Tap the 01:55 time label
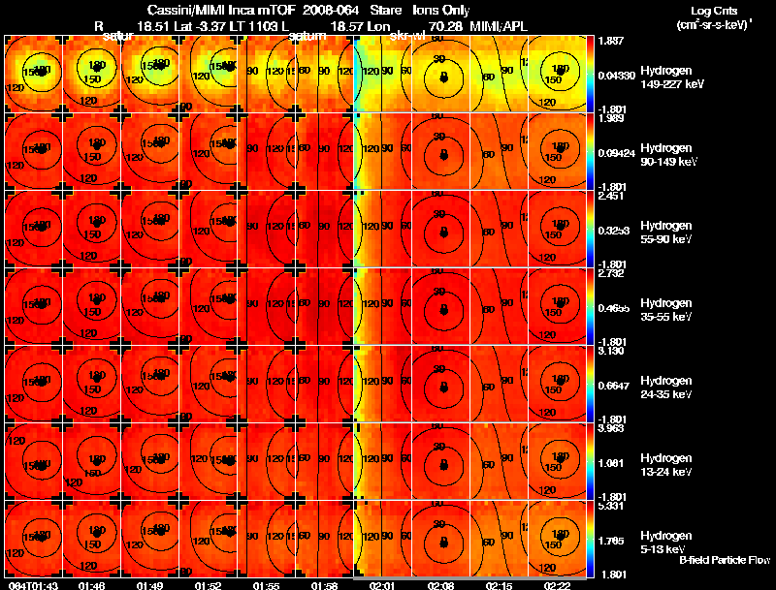click(x=266, y=585)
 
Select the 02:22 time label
click(x=557, y=585)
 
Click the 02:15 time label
click(x=499, y=585)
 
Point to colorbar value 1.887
click(x=611, y=41)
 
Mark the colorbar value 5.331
click(x=611, y=505)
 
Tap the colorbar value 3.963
click(x=611, y=427)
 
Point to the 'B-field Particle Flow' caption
click(x=724, y=560)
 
